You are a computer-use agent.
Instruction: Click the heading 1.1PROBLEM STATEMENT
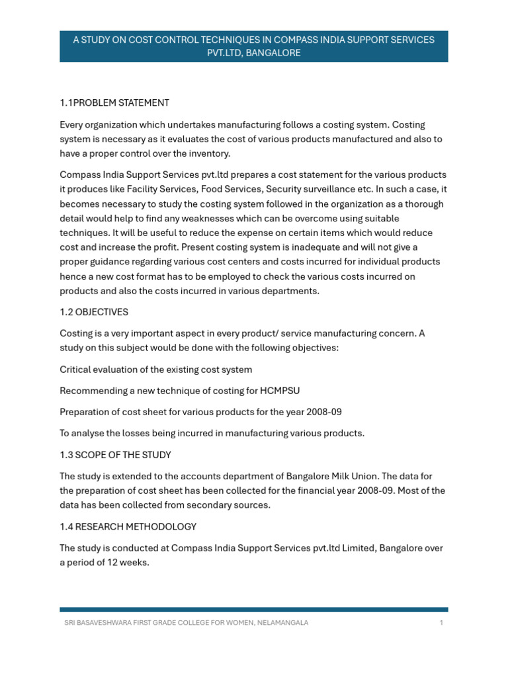(x=114, y=102)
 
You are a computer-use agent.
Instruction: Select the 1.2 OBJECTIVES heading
(x=94, y=311)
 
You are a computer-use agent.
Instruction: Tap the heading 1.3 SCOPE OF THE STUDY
(x=115, y=455)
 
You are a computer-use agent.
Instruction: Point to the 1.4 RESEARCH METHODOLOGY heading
(x=128, y=526)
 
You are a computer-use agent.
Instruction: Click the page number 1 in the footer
(x=441, y=623)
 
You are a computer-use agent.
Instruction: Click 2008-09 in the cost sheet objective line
(x=323, y=412)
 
